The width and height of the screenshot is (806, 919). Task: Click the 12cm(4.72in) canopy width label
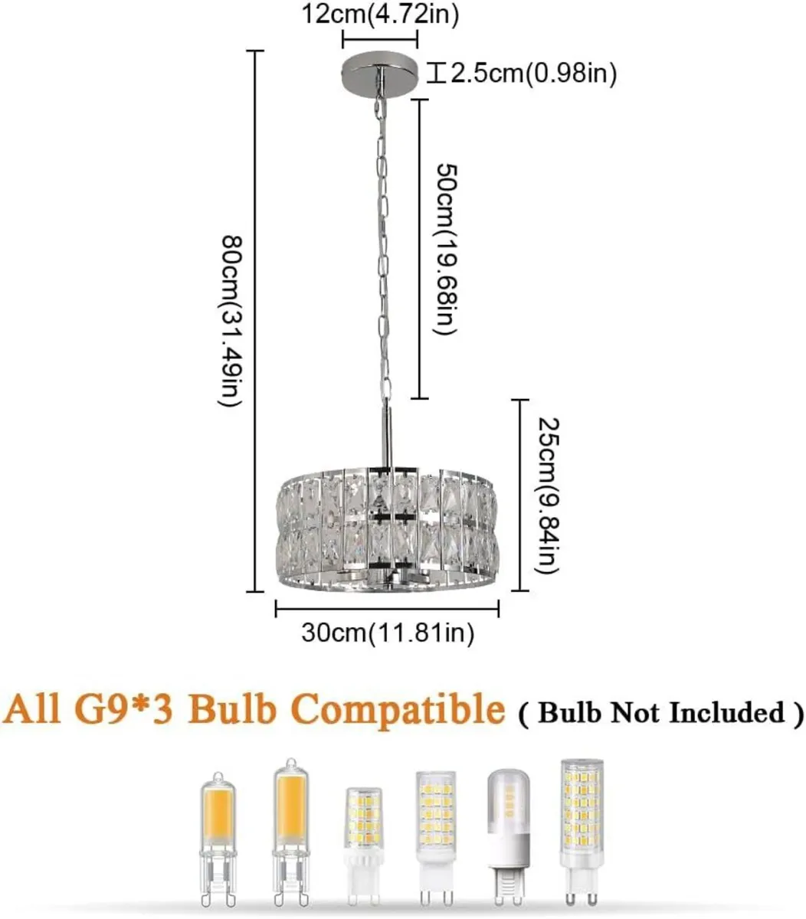pos(380,13)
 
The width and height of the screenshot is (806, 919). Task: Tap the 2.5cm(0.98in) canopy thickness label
pos(532,74)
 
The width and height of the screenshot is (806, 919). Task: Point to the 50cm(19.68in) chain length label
pos(445,249)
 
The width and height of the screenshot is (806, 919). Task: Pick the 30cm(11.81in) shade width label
pos(387,633)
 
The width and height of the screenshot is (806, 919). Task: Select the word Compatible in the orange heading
pos(400,710)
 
